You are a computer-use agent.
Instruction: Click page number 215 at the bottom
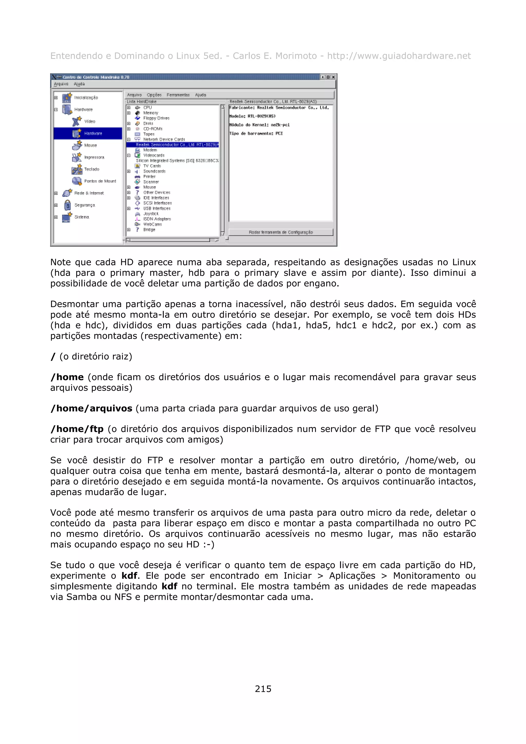(x=263, y=689)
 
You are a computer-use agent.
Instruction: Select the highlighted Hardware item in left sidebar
(x=93, y=133)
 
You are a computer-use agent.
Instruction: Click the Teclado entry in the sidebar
(x=91, y=169)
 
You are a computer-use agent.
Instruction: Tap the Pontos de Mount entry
(x=100, y=181)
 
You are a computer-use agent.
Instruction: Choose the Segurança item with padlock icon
(x=84, y=205)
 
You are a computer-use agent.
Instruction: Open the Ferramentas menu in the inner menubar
(x=178, y=95)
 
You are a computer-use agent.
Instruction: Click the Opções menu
(x=154, y=95)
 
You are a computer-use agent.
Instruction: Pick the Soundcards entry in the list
(x=154, y=171)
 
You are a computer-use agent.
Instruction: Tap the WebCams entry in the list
(x=152, y=224)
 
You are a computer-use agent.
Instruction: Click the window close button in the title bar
(x=333, y=77)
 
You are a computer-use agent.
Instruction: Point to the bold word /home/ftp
(x=77, y=429)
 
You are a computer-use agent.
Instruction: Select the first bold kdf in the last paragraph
(x=129, y=576)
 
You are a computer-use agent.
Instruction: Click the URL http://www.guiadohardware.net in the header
(x=399, y=56)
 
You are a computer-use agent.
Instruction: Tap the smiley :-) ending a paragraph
(x=208, y=544)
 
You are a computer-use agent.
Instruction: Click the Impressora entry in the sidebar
(x=94, y=157)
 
